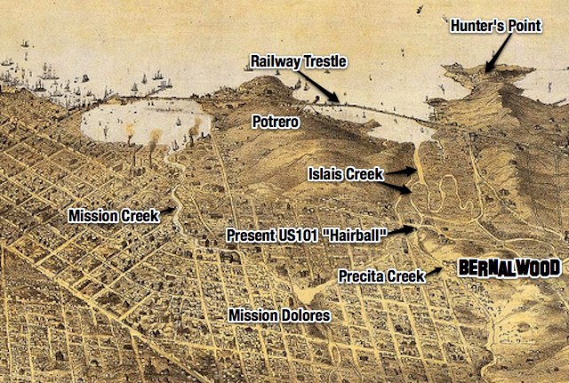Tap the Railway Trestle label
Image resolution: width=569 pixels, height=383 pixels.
click(297, 61)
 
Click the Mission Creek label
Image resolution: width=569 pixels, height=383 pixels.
click(107, 216)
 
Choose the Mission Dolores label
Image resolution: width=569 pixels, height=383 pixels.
click(279, 315)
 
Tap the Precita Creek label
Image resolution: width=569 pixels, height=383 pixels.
click(381, 276)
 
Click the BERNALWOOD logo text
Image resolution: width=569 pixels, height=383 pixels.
click(509, 267)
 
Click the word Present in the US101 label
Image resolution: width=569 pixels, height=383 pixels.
click(252, 235)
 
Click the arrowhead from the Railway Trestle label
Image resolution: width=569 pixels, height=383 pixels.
click(336, 100)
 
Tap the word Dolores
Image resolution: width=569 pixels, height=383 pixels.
click(305, 315)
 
